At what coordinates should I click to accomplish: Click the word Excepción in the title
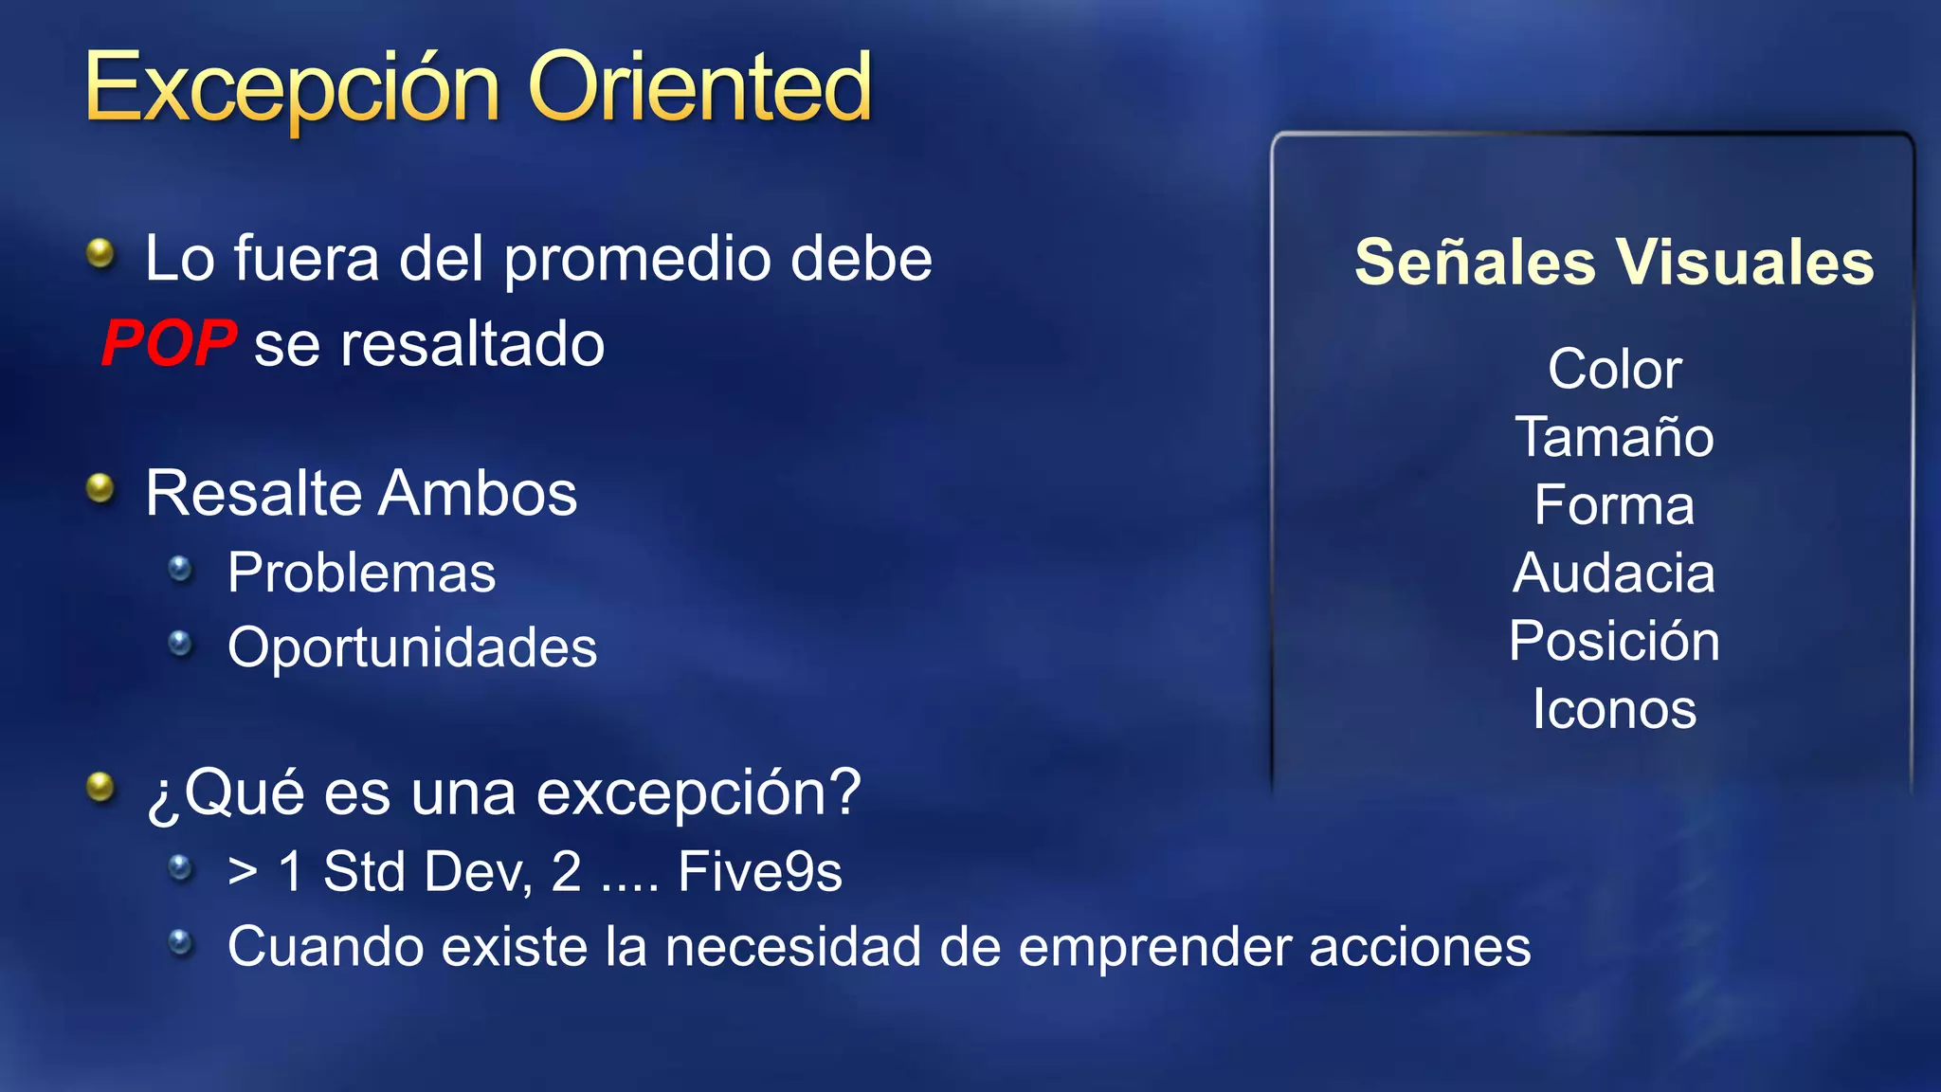pyautogui.click(x=292, y=88)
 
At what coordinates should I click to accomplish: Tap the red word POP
pyautogui.click(x=169, y=343)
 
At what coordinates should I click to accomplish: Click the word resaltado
pyautogui.click(x=472, y=344)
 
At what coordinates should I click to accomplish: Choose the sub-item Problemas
pyautogui.click(x=361, y=573)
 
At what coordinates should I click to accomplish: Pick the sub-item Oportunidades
pyautogui.click(x=412, y=648)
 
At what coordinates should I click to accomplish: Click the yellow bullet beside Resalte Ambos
pyautogui.click(x=100, y=489)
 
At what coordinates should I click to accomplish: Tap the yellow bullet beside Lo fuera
pyautogui.click(x=100, y=253)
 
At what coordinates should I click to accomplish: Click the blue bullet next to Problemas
pyautogui.click(x=180, y=569)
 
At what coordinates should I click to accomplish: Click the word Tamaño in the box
pyautogui.click(x=1614, y=437)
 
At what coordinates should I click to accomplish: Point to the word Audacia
pyautogui.click(x=1614, y=573)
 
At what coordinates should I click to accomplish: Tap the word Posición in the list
pyautogui.click(x=1614, y=642)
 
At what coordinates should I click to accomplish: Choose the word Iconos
pyautogui.click(x=1614, y=709)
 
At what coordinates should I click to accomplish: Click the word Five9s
pyautogui.click(x=760, y=872)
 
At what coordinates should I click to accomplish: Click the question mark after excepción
pyautogui.click(x=843, y=792)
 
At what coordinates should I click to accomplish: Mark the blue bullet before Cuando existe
pyautogui.click(x=180, y=942)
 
